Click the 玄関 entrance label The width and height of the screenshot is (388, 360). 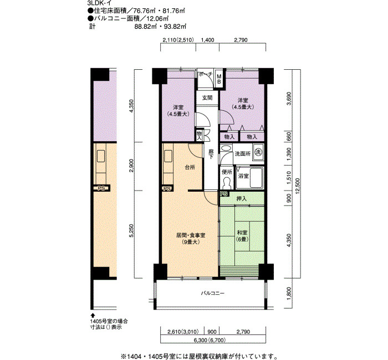point(207,98)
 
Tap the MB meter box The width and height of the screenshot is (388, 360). point(219,79)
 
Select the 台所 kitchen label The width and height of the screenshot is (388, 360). point(190,167)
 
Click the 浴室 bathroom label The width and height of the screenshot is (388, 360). point(243,176)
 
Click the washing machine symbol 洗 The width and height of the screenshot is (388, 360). point(258,152)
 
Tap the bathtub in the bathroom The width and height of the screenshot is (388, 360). point(256,178)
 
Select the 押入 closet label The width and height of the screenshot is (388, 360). point(241,198)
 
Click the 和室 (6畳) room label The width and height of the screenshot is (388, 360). point(242,236)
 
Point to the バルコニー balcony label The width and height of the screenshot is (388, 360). point(212,294)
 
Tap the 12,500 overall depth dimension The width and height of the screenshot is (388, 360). point(298,186)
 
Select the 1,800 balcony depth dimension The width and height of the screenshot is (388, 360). point(289,293)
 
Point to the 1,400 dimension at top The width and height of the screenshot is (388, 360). point(208,40)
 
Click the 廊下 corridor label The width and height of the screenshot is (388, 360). point(211,154)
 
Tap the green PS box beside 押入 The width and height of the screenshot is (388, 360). point(224,194)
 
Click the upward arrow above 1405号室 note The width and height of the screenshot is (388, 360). point(93,315)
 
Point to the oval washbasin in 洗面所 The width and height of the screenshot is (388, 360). point(226,148)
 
